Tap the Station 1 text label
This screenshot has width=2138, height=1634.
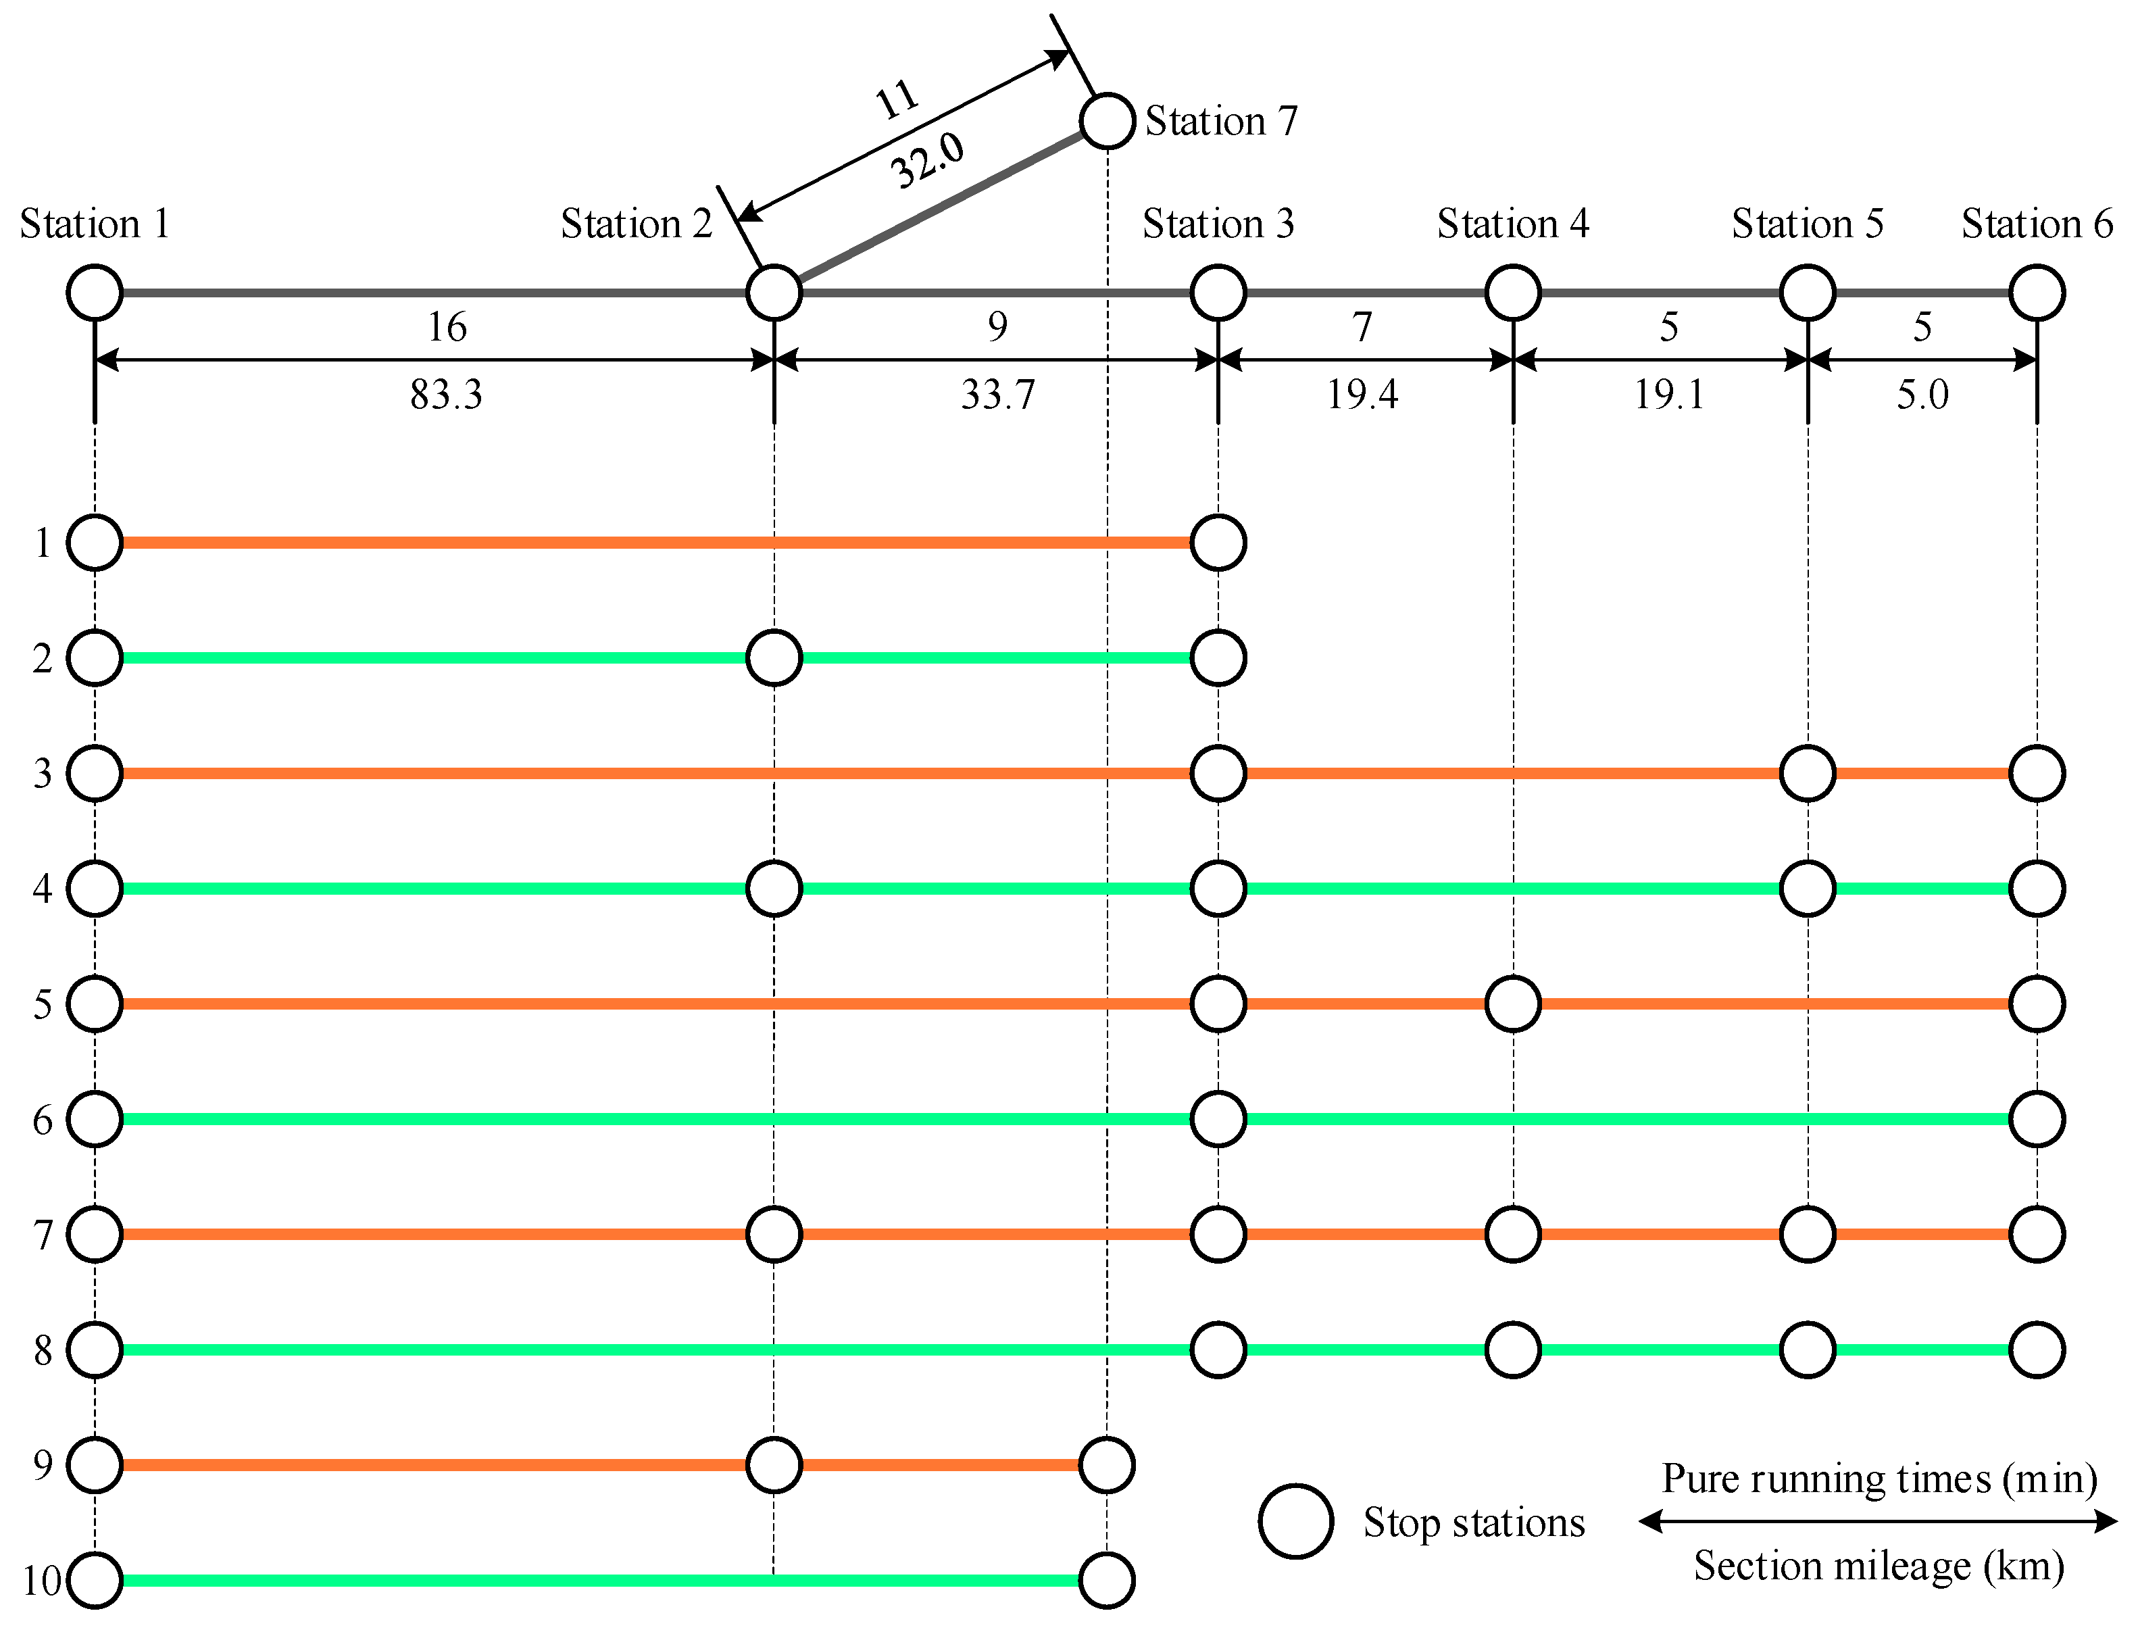(x=95, y=224)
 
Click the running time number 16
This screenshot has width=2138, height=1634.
(x=447, y=327)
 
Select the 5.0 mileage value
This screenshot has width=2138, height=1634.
(x=1922, y=395)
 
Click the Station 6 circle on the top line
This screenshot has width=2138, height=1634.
(x=2037, y=293)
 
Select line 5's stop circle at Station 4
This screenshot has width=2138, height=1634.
(x=1512, y=1004)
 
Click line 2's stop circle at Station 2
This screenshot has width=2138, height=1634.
(x=774, y=658)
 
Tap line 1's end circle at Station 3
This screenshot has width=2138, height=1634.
(x=1218, y=543)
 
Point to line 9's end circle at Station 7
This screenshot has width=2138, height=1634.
(x=1107, y=1465)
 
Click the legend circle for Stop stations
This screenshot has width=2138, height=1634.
(x=1295, y=1522)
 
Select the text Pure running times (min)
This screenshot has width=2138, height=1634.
(x=1879, y=1479)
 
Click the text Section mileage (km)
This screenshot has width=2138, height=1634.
(x=1879, y=1566)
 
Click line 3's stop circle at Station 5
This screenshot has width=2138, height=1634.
(x=1808, y=773)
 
